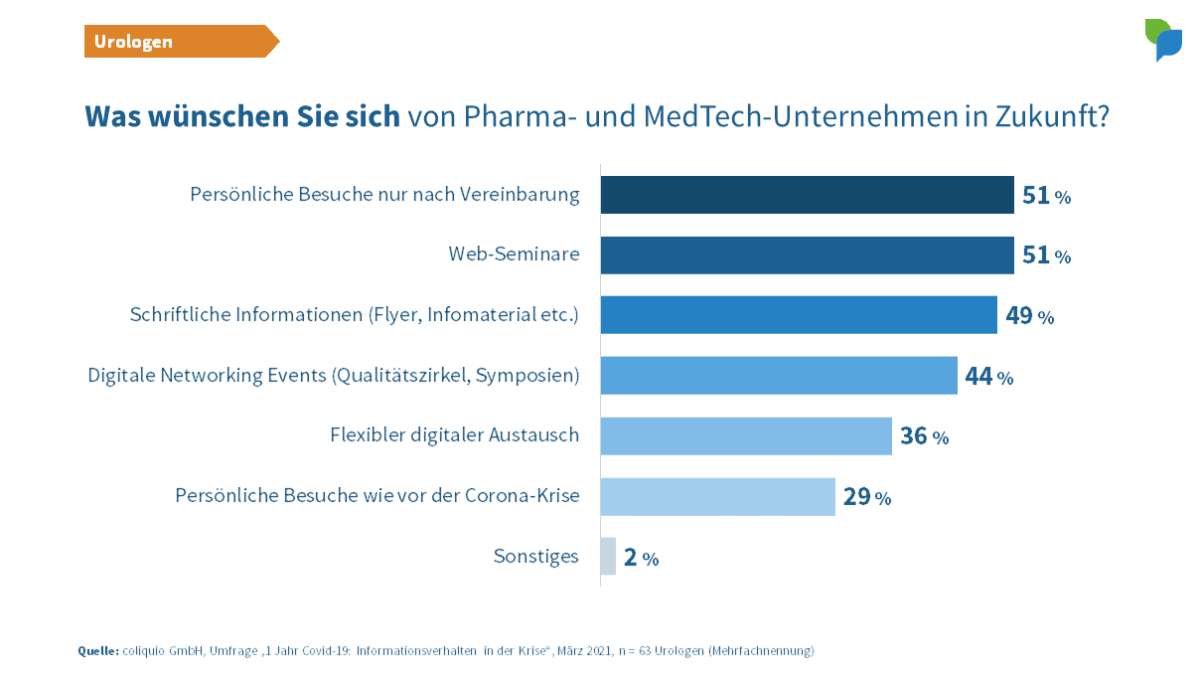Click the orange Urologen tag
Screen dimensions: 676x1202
tap(179, 42)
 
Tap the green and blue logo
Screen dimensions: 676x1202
tap(1163, 40)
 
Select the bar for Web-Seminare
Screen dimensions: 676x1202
tap(807, 255)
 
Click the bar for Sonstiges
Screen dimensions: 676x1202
tap(608, 557)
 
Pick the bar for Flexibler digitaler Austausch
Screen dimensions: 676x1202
tap(746, 435)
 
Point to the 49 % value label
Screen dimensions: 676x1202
tap(1029, 316)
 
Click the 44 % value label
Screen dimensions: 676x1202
tap(988, 377)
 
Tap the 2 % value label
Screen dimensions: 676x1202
tap(641, 557)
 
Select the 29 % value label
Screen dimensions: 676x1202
tap(866, 496)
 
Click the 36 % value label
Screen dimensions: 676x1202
tap(924, 435)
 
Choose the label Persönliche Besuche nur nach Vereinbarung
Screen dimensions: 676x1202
tap(384, 195)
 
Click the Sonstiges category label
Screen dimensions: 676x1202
tap(535, 557)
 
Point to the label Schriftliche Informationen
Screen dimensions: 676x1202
tap(354, 315)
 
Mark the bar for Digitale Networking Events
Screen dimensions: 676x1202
tap(779, 376)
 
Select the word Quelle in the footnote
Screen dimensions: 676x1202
tap(97, 651)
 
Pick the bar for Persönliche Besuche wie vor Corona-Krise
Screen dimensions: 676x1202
tap(717, 496)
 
